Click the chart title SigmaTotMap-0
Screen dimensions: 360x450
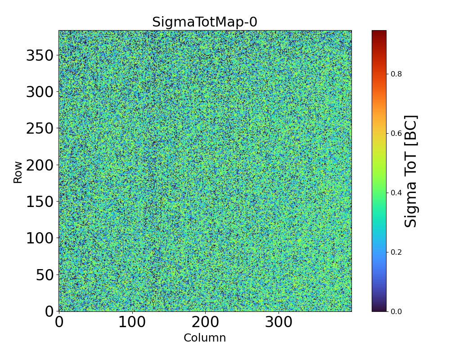(205, 22)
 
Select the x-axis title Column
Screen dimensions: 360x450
(205, 338)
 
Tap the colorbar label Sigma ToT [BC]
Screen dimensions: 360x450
(411, 171)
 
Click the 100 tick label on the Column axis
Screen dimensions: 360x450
(132, 323)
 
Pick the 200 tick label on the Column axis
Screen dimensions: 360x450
(206, 323)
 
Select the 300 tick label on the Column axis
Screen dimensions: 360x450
(279, 323)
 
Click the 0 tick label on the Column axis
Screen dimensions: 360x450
(59, 323)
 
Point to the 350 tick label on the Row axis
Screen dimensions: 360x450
(40, 56)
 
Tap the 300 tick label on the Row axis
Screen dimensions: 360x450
(40, 92)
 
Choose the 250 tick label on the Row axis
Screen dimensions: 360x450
(40, 129)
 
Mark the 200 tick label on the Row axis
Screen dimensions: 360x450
(40, 165)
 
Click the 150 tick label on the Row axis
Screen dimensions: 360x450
(40, 202)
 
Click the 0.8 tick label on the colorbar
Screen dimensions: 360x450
(396, 74)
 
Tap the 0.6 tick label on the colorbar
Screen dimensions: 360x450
(396, 133)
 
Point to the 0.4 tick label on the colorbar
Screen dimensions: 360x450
(396, 193)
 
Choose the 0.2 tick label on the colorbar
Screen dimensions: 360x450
(396, 252)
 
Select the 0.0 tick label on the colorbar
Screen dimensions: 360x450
(396, 311)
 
